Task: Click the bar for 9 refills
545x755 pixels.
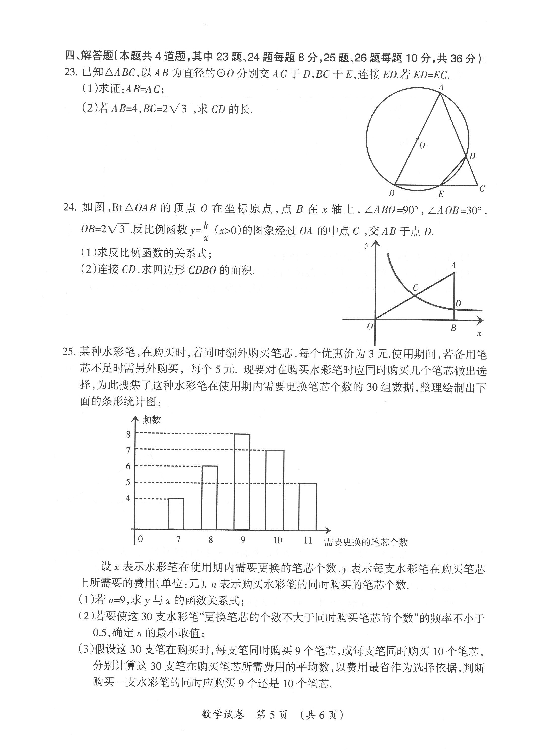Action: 242,481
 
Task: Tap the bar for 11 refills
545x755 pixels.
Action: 307,506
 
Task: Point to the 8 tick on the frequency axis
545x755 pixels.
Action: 128,434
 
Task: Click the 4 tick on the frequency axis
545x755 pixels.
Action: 128,498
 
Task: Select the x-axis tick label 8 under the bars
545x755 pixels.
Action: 211,540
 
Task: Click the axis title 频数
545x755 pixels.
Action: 152,420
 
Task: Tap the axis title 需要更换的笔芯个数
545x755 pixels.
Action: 366,542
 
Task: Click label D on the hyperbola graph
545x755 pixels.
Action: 458,303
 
